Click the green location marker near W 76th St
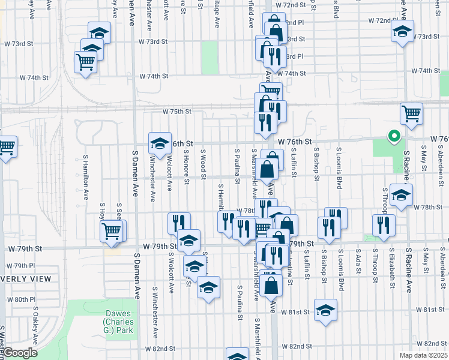[394, 136]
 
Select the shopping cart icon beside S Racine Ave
[411, 113]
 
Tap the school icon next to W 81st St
[325, 310]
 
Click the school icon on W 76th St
[160, 143]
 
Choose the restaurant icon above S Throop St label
[383, 224]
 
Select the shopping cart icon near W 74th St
[86, 61]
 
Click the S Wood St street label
[203, 164]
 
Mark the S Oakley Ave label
[36, 325]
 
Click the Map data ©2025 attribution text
[422, 355]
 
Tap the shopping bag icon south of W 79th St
[272, 286]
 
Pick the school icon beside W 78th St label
[401, 194]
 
